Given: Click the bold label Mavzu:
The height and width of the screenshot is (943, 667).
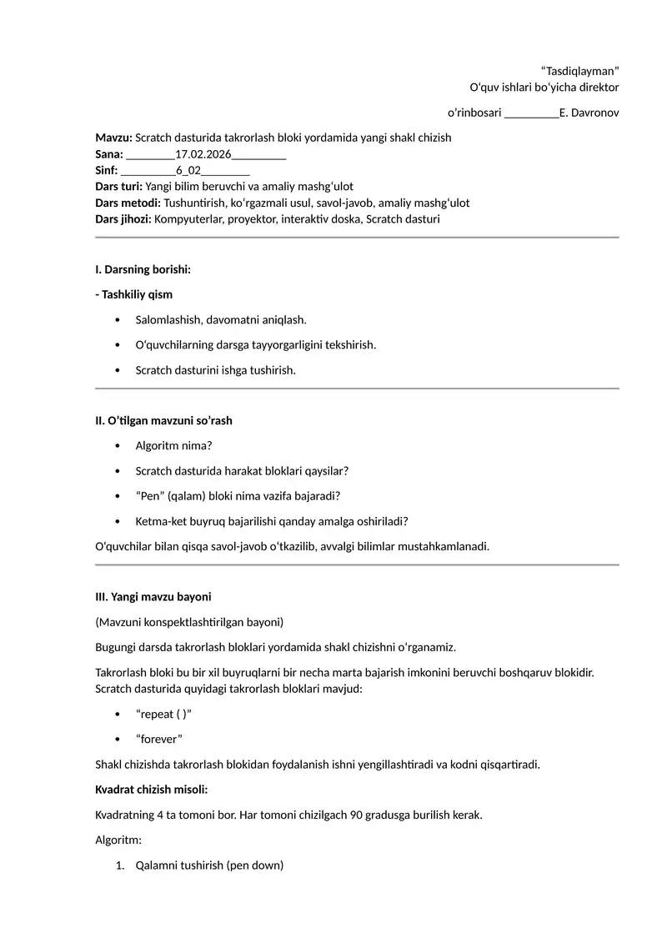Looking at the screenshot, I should (113, 137).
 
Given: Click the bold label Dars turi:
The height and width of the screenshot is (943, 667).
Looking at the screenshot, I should (118, 187).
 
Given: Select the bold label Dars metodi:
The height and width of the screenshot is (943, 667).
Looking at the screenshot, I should (128, 203).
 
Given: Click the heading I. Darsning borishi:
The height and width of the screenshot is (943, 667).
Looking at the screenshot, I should (143, 269).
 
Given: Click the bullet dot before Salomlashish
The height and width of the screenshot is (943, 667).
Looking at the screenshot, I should (117, 320).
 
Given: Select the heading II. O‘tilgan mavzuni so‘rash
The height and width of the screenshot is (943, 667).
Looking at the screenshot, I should (163, 420).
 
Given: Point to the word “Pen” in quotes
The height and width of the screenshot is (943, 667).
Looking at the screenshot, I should (150, 496).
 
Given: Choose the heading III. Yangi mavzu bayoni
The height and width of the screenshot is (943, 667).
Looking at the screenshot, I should (153, 597).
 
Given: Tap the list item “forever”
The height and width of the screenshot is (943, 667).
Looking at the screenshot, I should (158, 739).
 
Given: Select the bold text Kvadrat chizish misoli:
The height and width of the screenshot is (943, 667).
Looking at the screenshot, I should (152, 789).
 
